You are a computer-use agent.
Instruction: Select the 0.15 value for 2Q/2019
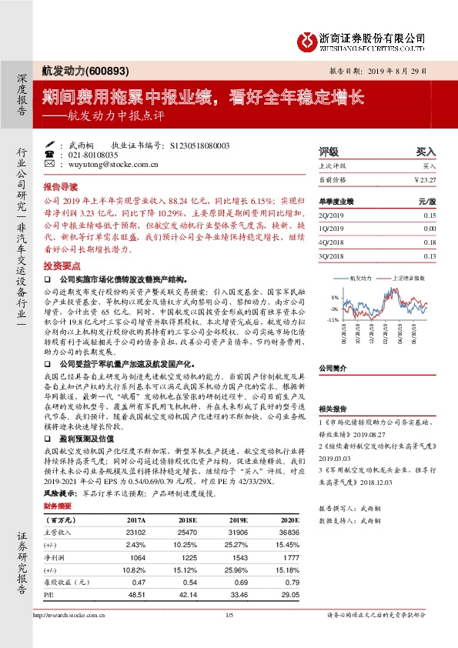point(429,215)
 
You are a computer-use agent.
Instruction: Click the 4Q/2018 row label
point(330,242)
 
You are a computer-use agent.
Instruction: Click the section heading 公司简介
point(334,368)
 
